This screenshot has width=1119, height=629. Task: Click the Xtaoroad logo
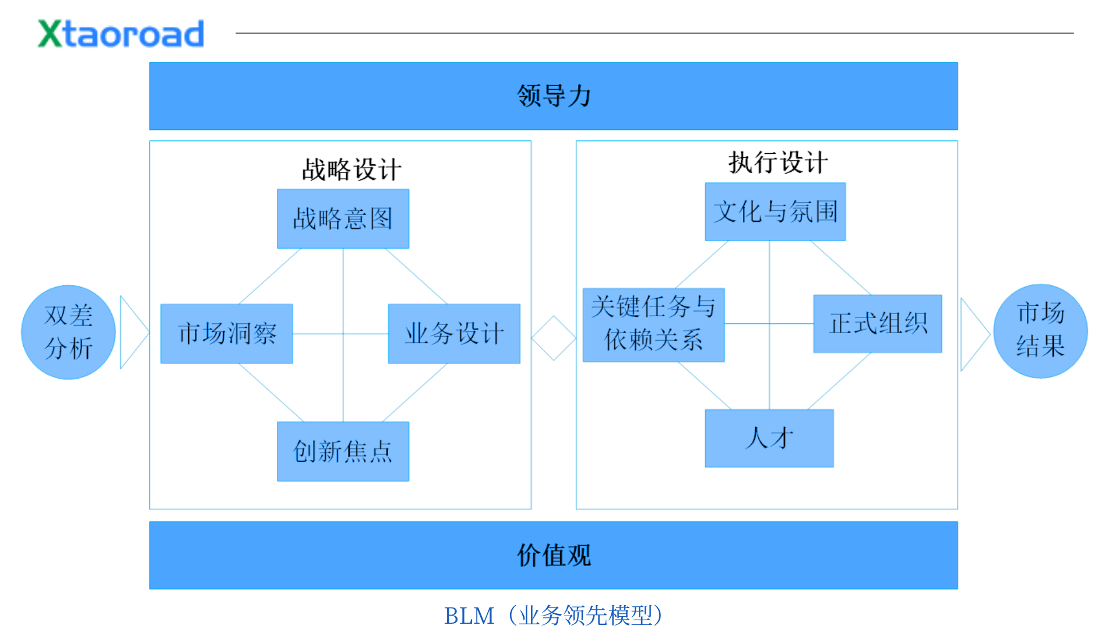coord(121,34)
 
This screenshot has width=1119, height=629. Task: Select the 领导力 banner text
coord(554,96)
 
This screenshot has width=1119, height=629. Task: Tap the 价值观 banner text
coord(554,555)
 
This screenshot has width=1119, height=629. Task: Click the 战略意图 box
coord(343,219)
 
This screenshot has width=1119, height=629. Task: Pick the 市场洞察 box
coord(227,334)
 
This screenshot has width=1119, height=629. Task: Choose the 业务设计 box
coord(454,334)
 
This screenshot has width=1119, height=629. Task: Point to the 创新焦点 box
coord(343,451)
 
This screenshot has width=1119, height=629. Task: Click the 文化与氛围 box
coord(775,211)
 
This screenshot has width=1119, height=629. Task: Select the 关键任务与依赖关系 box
coord(653,324)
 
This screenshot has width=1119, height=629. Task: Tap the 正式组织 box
coord(877,323)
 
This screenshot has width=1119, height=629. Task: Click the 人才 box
coord(769,438)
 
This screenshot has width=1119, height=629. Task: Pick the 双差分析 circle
coord(68,332)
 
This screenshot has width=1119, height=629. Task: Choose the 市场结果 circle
coord(1040,331)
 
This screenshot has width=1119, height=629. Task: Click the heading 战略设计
coord(351,169)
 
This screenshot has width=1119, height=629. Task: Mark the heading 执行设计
coord(778,162)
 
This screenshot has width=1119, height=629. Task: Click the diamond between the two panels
coord(554,338)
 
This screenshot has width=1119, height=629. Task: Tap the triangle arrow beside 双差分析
coord(132,332)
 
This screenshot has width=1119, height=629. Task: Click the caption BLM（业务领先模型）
coord(554,615)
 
